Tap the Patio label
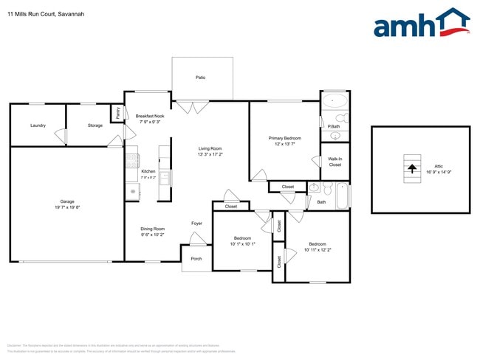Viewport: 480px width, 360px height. (200, 77)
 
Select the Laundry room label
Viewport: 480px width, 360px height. (38, 125)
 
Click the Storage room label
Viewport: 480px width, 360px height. (95, 125)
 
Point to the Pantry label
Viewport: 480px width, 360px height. (117, 113)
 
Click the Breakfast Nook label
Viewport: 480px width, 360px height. (149, 116)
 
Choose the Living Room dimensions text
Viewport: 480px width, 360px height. (210, 155)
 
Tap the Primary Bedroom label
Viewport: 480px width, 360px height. (284, 138)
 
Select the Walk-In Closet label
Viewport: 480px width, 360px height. (335, 162)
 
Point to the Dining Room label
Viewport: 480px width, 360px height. (152, 229)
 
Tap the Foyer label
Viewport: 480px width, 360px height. (196, 223)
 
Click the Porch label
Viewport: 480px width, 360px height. (196, 258)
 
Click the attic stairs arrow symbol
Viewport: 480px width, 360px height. (411, 169)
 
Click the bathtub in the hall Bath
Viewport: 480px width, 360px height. (343, 195)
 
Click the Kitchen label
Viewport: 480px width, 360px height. (148, 172)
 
